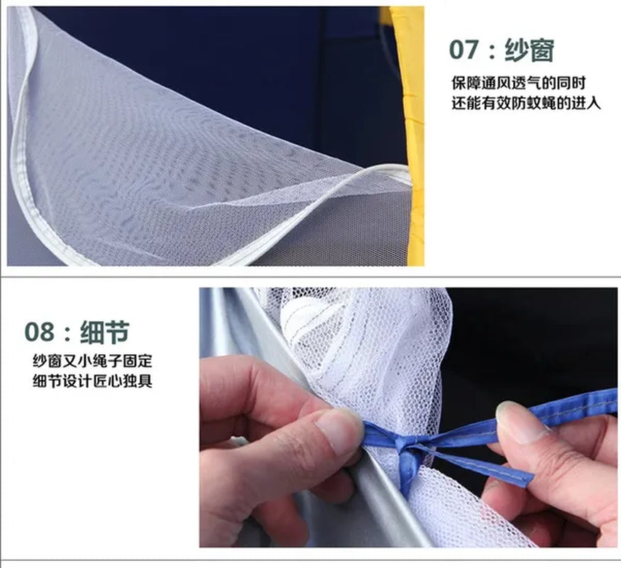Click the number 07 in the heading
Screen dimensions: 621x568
[x=463, y=50]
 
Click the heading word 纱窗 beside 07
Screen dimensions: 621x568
[x=529, y=50]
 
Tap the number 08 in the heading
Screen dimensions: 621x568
[x=39, y=332]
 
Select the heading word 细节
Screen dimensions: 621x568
[x=104, y=332]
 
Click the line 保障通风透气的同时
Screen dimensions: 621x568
[x=518, y=83]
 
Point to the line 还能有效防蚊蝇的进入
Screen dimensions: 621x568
[x=527, y=104]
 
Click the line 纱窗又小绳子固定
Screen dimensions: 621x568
[x=92, y=361]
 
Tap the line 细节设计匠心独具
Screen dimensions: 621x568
[x=92, y=381]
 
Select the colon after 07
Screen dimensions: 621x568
[x=492, y=51]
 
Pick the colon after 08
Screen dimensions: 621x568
[x=67, y=333]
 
